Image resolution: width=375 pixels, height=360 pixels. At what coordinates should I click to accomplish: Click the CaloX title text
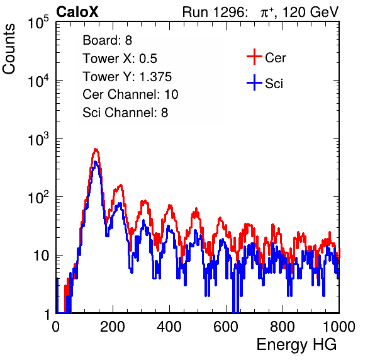(77, 12)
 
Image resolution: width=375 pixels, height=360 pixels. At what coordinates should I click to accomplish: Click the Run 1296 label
(215, 12)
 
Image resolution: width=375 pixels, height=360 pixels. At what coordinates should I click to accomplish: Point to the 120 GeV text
(311, 12)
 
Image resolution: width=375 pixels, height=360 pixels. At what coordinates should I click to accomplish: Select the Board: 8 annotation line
(108, 40)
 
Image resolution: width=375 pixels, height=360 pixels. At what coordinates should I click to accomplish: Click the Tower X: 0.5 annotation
(120, 59)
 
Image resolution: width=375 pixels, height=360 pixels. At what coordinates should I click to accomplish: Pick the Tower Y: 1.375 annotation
(127, 77)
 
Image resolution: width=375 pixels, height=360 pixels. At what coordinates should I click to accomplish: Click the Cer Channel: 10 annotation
(130, 94)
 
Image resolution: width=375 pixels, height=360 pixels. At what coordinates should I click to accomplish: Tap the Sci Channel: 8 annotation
(125, 113)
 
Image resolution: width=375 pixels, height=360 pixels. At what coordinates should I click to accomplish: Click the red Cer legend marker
(254, 57)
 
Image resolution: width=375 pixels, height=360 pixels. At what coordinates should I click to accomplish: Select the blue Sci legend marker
(254, 82)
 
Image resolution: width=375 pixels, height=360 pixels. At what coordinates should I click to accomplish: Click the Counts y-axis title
(9, 49)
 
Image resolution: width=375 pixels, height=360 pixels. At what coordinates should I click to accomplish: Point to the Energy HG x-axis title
(296, 345)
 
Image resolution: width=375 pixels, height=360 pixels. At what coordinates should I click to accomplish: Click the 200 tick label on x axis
(113, 327)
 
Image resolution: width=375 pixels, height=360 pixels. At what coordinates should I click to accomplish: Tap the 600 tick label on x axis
(226, 327)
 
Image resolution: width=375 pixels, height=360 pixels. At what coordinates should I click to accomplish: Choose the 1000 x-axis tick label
(339, 327)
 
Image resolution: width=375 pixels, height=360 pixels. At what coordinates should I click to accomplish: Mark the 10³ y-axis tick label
(38, 139)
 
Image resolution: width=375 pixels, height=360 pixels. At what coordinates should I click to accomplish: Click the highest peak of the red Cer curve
(96, 150)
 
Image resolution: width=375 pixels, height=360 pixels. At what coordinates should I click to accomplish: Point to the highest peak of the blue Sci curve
(96, 162)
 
